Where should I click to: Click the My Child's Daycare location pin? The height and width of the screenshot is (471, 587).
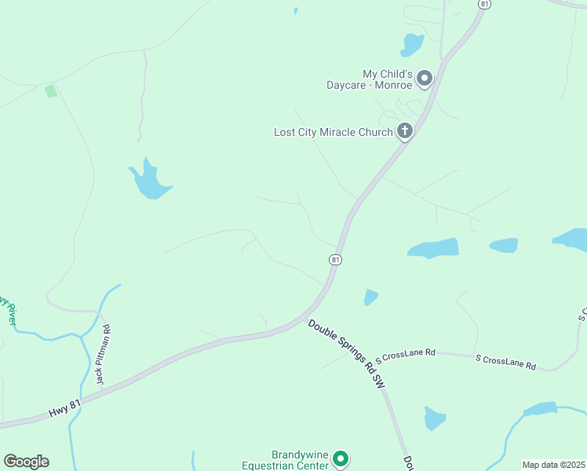point(425,78)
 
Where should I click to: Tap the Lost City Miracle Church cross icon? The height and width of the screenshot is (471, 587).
point(404,131)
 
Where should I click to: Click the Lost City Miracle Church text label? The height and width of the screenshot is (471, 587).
point(333,132)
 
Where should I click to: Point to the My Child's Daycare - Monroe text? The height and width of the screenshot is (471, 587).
point(374,78)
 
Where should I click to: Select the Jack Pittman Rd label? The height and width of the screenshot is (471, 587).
point(103,355)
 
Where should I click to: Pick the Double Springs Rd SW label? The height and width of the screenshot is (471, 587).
point(348,354)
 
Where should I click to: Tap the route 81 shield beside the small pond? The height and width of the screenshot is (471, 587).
point(336,259)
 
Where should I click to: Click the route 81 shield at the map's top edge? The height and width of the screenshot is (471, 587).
point(484,4)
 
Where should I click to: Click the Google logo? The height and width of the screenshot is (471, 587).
point(26,462)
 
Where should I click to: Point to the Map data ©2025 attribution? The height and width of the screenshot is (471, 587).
point(553,465)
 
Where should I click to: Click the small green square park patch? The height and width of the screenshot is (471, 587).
point(51,91)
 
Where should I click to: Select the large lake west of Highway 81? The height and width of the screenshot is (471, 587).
point(148,182)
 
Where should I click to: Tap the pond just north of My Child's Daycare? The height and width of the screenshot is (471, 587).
point(411,45)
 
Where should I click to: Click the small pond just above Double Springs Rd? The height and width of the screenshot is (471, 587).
point(370,297)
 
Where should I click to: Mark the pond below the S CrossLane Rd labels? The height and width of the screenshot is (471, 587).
point(435,418)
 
